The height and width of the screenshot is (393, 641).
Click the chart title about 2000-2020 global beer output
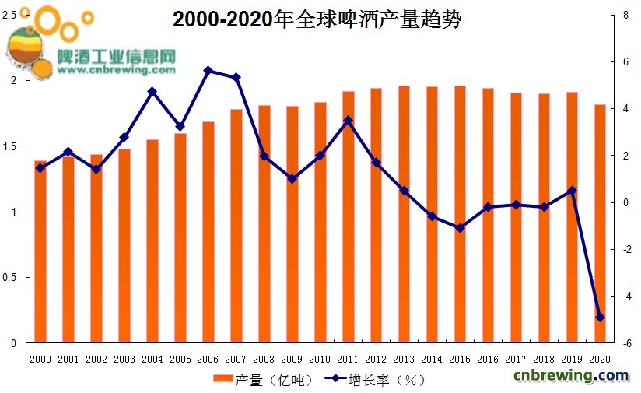[317, 19]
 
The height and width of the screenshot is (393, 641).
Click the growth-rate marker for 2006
[208, 71]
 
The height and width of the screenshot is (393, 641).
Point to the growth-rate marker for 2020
[601, 317]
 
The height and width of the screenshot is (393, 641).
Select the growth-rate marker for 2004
[152, 92]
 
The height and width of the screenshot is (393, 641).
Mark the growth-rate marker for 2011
[349, 121]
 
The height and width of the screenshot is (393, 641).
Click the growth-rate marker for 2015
[461, 228]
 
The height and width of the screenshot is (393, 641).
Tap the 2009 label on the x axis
[292, 359]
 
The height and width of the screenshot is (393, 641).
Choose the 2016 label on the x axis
[489, 359]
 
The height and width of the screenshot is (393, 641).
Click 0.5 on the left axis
[10, 277]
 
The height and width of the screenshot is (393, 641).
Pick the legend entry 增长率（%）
[373, 380]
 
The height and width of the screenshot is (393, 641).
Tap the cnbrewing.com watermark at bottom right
[571, 376]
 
